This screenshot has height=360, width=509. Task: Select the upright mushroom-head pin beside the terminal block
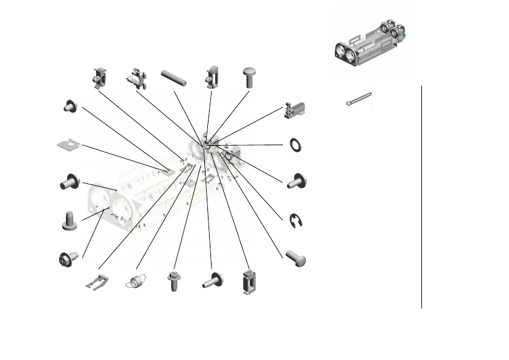coord(249,77)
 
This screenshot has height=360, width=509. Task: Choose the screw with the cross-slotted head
coord(67,258)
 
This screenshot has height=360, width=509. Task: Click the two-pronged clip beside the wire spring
coord(97,281)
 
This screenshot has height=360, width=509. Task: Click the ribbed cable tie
coord(358,99)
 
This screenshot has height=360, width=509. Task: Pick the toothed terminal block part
coord(295,109)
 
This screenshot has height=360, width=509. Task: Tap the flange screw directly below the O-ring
coord(296,181)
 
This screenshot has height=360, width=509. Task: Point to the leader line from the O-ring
coord(254,145)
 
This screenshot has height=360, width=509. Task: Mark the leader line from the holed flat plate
coord(121,157)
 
